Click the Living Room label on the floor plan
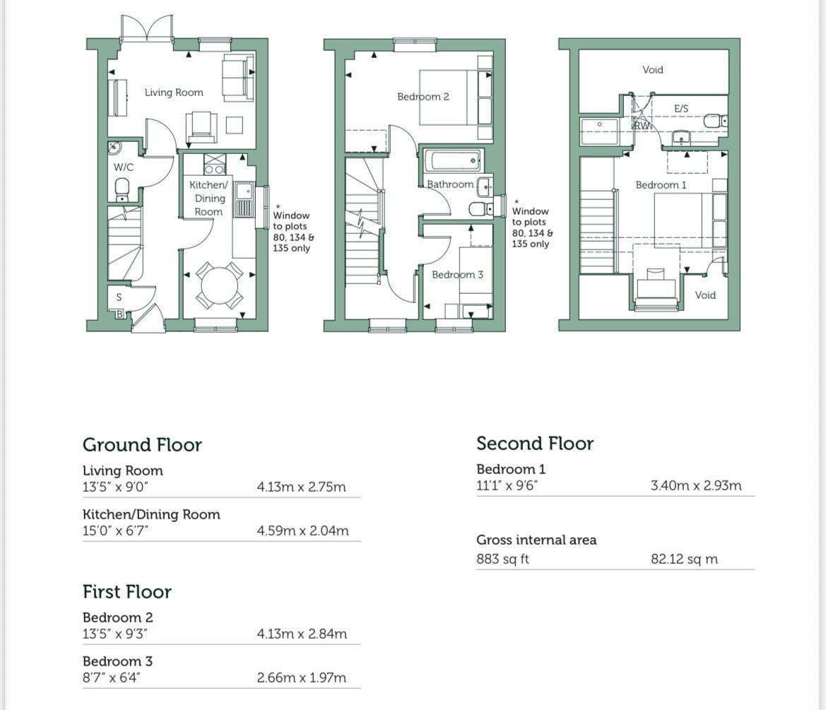coord(174,93)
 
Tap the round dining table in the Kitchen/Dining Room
coord(219,285)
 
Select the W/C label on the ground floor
coord(123,167)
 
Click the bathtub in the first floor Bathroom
coord(452,160)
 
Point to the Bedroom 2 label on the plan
coord(423,97)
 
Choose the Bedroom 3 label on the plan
coord(457,275)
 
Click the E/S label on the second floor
coord(681,109)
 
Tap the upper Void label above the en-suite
coord(652,70)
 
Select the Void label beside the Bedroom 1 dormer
coord(704,295)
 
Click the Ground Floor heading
coord(142,445)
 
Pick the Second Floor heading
coord(535,444)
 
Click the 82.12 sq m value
coord(684,560)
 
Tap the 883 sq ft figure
coord(502,560)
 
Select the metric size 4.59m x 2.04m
coord(302,531)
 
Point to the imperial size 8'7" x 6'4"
coord(112,678)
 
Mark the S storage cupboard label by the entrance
coord(119,297)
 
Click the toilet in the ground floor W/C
coord(122,189)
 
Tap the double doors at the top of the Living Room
coord(146,29)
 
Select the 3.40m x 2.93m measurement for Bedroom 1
coord(696,486)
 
